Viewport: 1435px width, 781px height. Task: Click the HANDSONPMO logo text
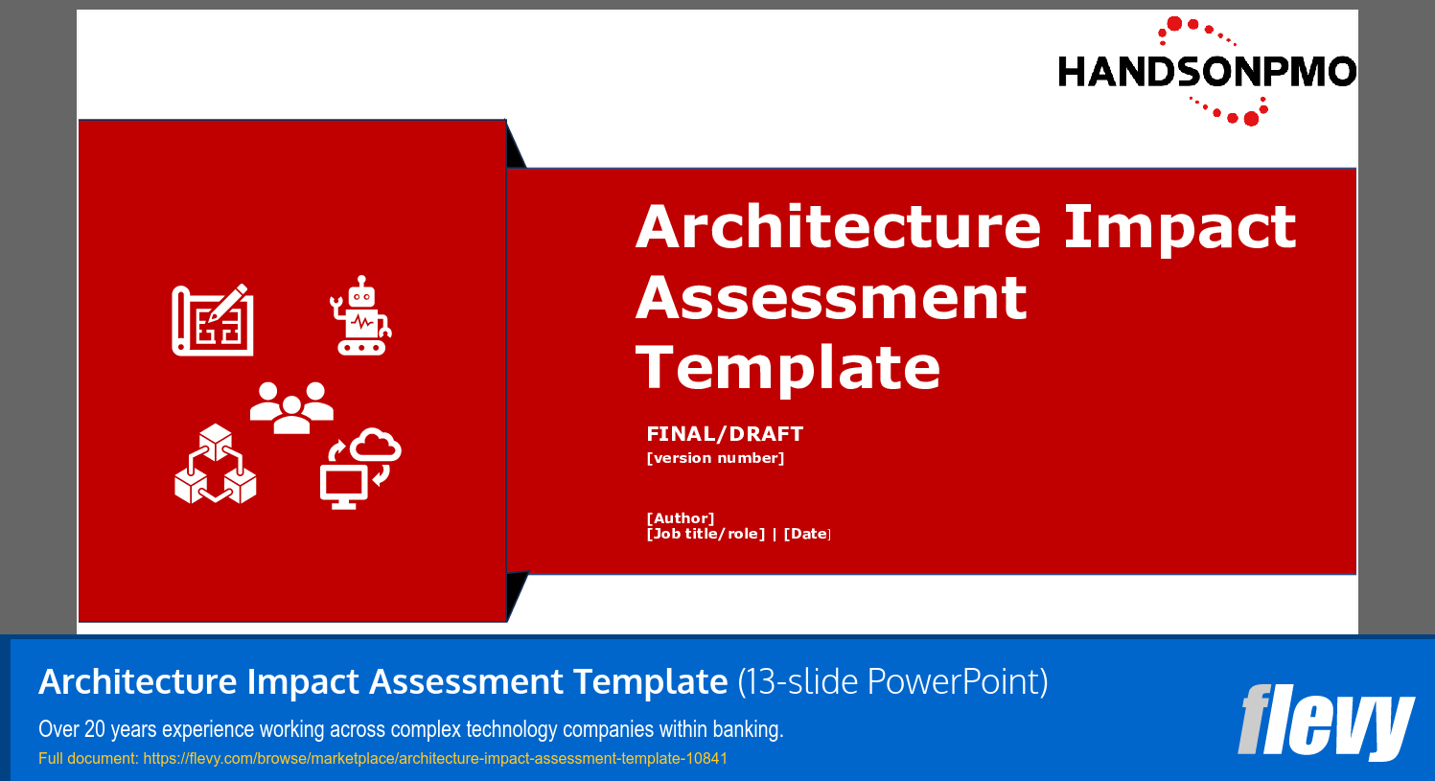(x=1206, y=72)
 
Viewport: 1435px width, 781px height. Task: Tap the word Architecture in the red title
(x=838, y=227)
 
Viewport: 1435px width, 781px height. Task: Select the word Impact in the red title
(x=1179, y=227)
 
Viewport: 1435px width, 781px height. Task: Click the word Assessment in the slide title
(x=831, y=298)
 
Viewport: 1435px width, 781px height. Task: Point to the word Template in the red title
(x=788, y=368)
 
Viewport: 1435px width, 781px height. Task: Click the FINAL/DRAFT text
(x=725, y=434)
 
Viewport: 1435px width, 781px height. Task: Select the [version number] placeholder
(x=715, y=458)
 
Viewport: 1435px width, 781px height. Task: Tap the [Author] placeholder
(x=681, y=518)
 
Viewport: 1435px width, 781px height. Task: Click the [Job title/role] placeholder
(x=706, y=534)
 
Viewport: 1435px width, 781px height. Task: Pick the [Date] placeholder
(x=807, y=534)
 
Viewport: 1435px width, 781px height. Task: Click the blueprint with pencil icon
(x=213, y=319)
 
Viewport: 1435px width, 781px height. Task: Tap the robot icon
(x=360, y=316)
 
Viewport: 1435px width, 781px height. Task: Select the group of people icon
(x=291, y=407)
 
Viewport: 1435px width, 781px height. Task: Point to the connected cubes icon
(x=216, y=465)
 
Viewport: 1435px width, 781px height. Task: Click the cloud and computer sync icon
(x=359, y=469)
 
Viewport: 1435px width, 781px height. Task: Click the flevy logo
(x=1326, y=722)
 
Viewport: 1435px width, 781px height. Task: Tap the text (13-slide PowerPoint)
(x=892, y=682)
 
